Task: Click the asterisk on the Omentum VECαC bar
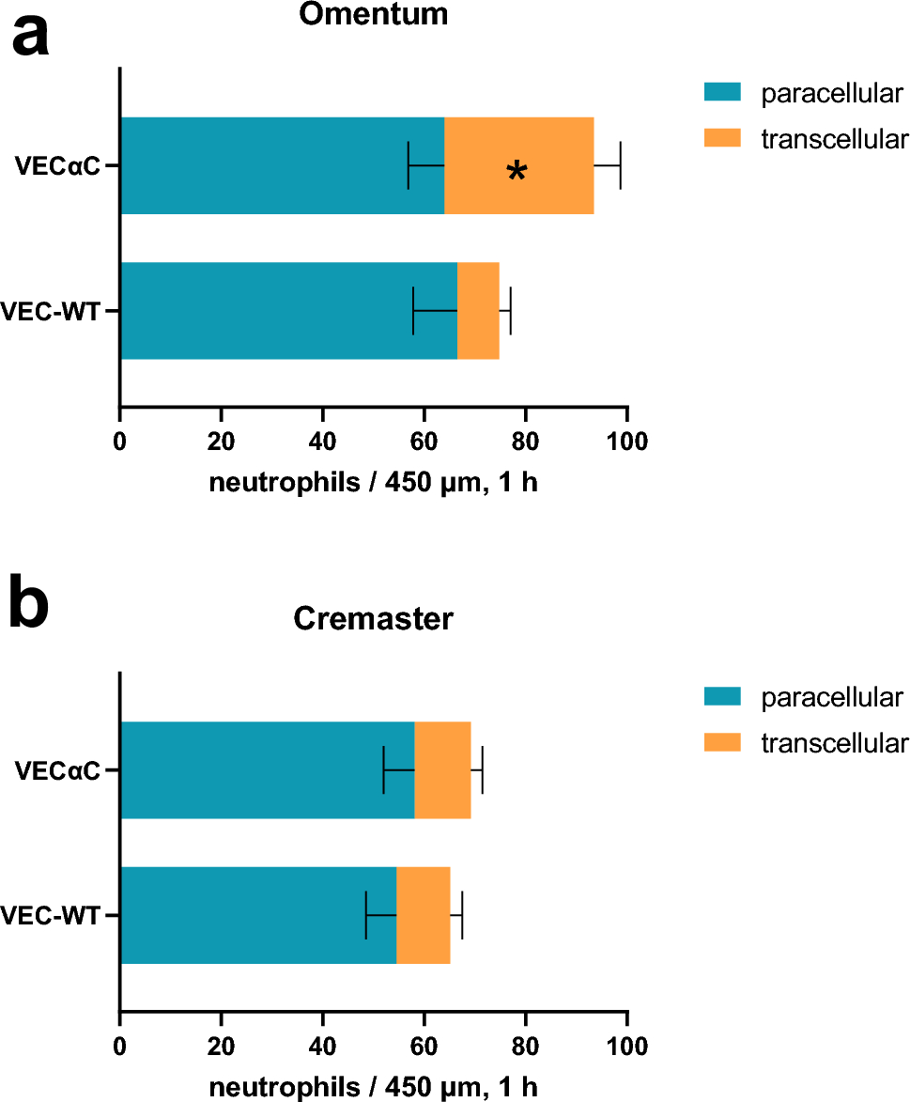(x=516, y=172)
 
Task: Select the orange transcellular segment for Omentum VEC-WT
(x=478, y=310)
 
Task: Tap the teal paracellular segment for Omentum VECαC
(x=282, y=165)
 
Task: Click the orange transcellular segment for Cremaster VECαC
(x=442, y=769)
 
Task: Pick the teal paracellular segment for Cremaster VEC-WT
(x=258, y=914)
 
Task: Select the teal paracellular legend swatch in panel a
(x=722, y=92)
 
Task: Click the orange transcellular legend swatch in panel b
(x=722, y=743)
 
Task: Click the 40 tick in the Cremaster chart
(x=322, y=1045)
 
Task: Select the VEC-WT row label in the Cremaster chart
(x=51, y=915)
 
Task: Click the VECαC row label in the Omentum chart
(x=57, y=166)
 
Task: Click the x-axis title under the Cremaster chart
(x=373, y=1087)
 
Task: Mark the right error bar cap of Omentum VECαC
(x=621, y=165)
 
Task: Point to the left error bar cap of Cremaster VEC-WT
(x=365, y=914)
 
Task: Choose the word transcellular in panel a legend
(x=834, y=140)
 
